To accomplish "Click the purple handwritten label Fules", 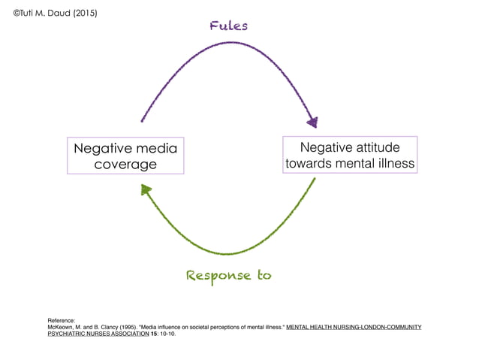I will pos(228,26).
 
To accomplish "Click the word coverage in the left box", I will pos(125,165).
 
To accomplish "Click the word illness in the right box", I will pos(395,163).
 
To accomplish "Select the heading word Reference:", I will pos(61,320).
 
